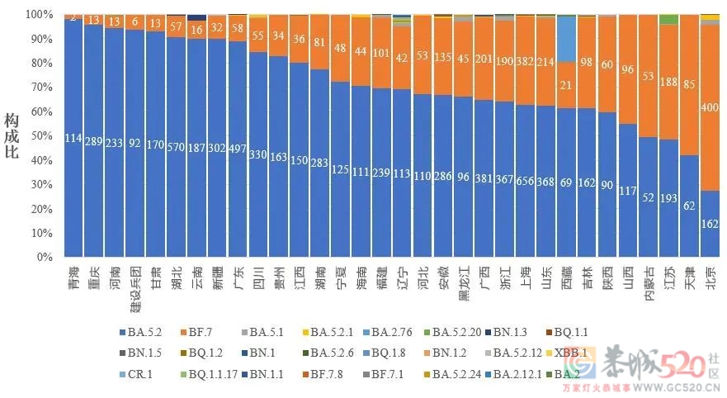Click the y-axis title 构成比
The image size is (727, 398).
click(x=12, y=136)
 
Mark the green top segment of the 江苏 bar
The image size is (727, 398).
click(x=669, y=19)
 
